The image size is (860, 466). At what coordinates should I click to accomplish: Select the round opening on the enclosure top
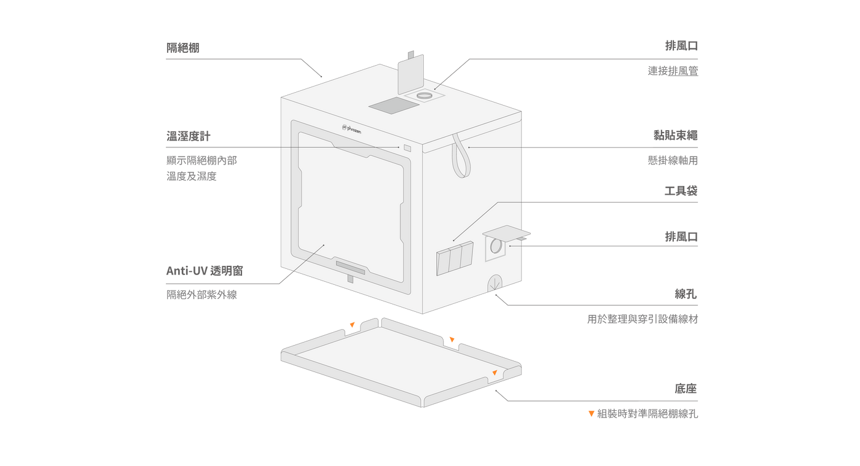(424, 96)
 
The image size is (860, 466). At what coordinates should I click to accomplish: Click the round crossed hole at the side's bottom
(495, 283)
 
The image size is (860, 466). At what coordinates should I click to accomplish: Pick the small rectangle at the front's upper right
(407, 147)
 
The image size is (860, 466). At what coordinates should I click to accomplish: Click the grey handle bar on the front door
(350, 268)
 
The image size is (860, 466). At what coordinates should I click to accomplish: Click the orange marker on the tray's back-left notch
(352, 324)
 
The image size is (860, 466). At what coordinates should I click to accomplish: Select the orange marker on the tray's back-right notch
(451, 339)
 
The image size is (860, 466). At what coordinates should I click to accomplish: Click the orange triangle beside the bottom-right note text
(591, 414)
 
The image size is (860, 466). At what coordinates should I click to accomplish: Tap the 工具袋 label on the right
(681, 191)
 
